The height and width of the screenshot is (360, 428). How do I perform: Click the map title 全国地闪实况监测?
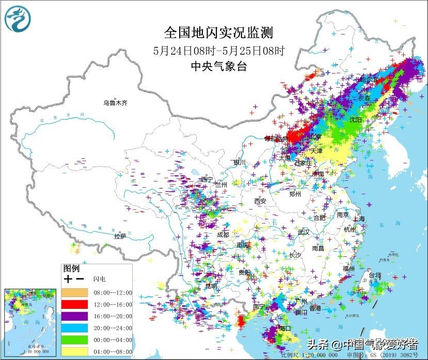pyautogui.click(x=218, y=32)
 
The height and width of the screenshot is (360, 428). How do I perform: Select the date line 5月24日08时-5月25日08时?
pyautogui.click(x=219, y=51)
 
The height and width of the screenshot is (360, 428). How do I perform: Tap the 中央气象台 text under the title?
pyautogui.click(x=218, y=66)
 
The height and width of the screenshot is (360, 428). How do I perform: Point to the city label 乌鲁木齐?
pyautogui.click(x=115, y=103)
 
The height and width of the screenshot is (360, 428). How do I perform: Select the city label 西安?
pyautogui.click(x=260, y=201)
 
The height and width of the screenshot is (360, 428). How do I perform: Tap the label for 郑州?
pyautogui.click(x=295, y=194)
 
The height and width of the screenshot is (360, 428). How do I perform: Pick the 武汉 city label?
pyautogui.click(x=304, y=232)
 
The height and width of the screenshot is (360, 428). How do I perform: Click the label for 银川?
pyautogui.click(x=240, y=162)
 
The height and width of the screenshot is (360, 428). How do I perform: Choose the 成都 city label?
pyautogui.click(x=223, y=234)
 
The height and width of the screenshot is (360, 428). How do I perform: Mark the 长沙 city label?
pyautogui.click(x=295, y=255)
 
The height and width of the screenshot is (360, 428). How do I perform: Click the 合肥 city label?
pyautogui.click(x=319, y=218)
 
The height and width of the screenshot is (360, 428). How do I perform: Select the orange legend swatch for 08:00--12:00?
pyautogui.click(x=75, y=292)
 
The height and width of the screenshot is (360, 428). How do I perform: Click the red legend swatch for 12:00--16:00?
pyautogui.click(x=75, y=304)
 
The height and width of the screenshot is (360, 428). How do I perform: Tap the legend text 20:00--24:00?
pyautogui.click(x=113, y=328)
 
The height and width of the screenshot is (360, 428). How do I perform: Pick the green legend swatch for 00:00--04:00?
pyautogui.click(x=75, y=340)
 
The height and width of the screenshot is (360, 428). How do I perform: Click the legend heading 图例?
pyautogui.click(x=71, y=268)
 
